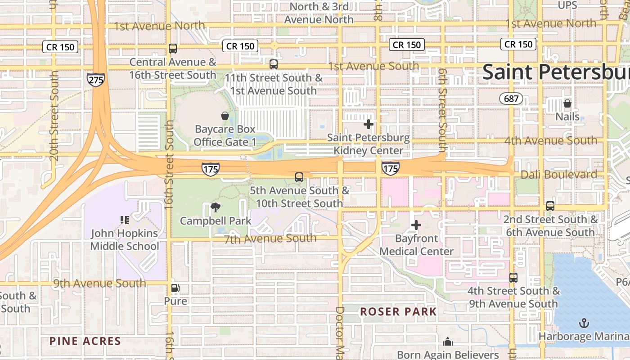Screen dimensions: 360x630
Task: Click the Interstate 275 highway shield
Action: pos(96,80)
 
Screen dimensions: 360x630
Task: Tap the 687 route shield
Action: pos(511,98)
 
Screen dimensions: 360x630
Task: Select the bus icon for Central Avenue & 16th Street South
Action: pos(173,49)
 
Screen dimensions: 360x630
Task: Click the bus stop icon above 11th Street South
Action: pos(274,64)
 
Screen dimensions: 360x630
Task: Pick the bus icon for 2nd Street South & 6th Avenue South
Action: pos(550,206)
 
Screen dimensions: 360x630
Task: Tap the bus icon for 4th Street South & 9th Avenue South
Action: pos(513,278)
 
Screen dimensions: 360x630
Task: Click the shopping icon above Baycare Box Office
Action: pos(225,116)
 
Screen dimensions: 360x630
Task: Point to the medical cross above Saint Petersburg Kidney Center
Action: pos(369,124)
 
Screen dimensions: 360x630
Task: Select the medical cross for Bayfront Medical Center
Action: pos(416,225)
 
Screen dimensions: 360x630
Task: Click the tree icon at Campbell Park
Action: pos(216,207)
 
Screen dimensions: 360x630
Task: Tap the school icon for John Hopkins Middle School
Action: pos(125,220)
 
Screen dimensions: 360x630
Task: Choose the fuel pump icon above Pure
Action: pos(175,288)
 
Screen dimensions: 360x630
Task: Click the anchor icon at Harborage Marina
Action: pos(584,323)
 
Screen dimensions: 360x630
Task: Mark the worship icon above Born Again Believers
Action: pos(448,342)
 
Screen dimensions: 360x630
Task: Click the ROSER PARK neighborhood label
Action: pos(398,312)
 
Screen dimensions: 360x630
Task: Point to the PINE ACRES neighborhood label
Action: pos(85,341)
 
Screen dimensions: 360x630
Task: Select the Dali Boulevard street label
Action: pos(559,175)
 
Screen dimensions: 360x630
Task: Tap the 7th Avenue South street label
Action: pos(270,238)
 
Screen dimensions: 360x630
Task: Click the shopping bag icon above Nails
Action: pos(567,103)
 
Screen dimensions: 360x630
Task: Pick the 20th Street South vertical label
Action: pos(54,115)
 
